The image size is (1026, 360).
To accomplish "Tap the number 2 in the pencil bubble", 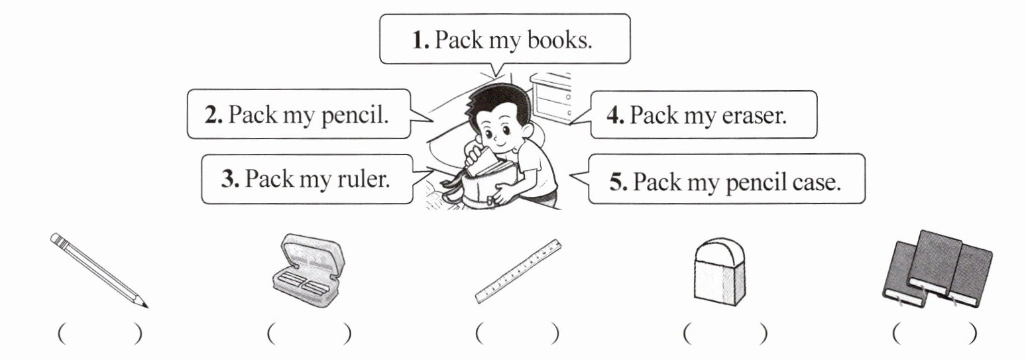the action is point(213,116).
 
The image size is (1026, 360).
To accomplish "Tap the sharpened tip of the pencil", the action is point(144,306).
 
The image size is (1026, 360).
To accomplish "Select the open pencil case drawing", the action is point(308,272).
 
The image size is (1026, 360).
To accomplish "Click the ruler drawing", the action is point(520,270).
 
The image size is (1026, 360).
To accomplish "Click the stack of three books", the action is point(937,269).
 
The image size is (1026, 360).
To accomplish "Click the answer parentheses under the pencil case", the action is point(308,333).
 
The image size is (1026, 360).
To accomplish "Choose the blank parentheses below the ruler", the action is point(516,333).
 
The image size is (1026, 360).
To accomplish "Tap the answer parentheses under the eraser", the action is point(725,333).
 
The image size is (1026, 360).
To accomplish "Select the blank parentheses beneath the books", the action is point(934,333).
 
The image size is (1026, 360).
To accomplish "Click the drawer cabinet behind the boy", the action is point(551,98).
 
